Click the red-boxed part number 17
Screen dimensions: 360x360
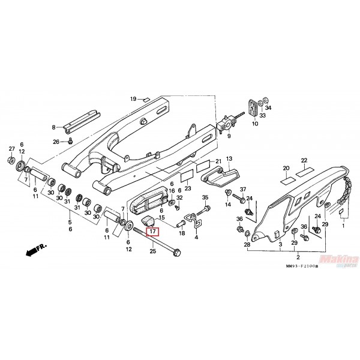click(152, 231)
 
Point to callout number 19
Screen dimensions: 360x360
click(134, 98)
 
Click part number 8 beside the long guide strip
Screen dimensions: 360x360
click(53, 127)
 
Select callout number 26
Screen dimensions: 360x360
click(56, 142)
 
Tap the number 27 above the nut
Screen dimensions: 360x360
click(11, 149)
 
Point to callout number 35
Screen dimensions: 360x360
click(205, 197)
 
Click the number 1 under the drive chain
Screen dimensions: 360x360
click(344, 227)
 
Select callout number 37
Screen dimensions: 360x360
click(242, 190)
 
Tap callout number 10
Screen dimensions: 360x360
click(254, 124)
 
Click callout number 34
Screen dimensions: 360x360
click(268, 108)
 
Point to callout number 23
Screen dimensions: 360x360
click(188, 188)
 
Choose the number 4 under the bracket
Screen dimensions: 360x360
click(196, 237)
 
